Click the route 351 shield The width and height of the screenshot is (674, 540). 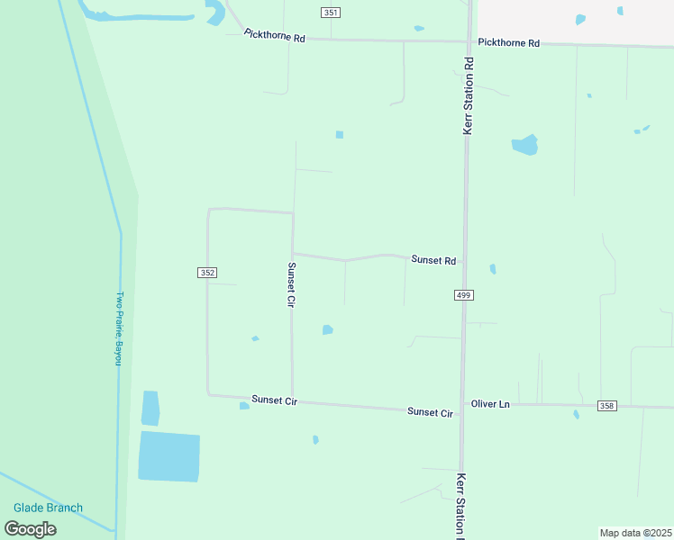pos(330,12)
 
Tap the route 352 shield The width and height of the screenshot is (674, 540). pos(207,272)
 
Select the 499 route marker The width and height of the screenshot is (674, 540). pos(463,295)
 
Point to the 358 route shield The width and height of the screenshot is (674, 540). pos(606,407)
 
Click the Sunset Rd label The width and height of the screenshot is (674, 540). pos(433,260)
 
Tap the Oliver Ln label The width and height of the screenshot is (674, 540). pos(490,405)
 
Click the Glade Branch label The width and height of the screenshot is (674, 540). pos(48,508)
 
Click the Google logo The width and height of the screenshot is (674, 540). pos(31,528)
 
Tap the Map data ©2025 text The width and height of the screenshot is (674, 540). pos(635,533)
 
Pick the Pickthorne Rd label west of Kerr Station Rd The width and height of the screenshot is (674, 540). pos(276,37)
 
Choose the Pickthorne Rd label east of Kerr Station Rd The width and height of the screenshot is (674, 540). pos(508,43)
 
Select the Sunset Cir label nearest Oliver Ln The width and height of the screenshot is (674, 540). pos(430,412)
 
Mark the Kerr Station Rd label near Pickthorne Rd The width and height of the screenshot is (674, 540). pos(469,96)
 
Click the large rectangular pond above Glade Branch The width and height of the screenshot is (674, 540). pos(168,456)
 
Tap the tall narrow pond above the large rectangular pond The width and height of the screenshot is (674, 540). pos(150,408)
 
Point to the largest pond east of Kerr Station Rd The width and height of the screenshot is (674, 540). pos(524,145)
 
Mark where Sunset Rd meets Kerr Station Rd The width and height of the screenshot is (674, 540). pos(465,262)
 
